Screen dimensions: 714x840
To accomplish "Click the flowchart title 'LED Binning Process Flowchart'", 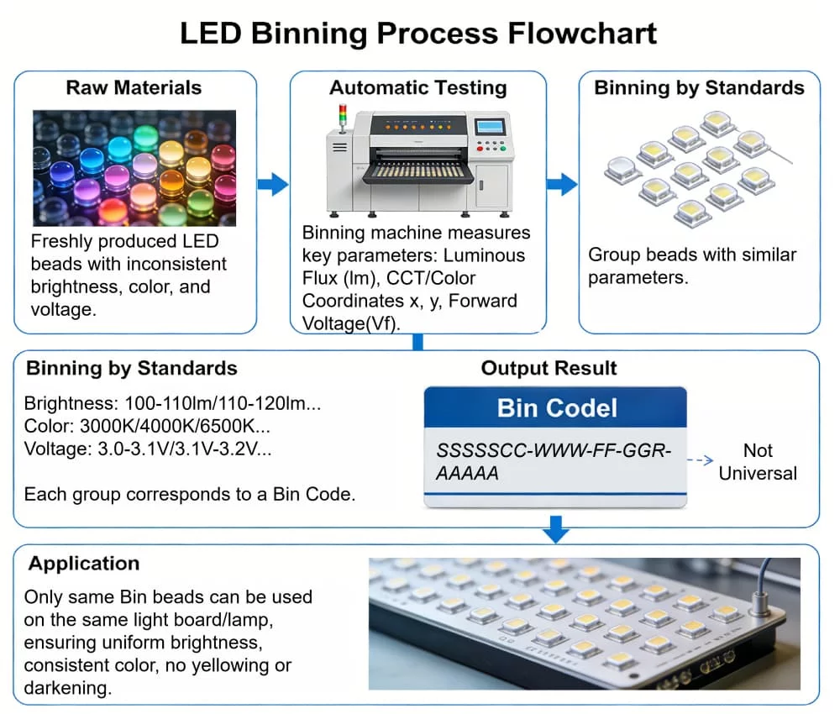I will (x=418, y=34).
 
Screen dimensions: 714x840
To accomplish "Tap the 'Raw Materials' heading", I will (x=134, y=87).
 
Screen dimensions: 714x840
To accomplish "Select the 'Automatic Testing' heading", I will (x=417, y=87).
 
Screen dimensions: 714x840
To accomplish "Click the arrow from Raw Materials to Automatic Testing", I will (x=273, y=185).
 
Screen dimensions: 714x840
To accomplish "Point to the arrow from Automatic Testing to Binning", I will (x=562, y=185).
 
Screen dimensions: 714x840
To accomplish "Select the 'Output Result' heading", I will (x=549, y=368).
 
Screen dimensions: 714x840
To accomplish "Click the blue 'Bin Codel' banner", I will (x=556, y=408).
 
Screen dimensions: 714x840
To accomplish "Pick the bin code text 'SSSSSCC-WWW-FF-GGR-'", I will (x=554, y=450).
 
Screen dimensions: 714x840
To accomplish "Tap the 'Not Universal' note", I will (x=757, y=462).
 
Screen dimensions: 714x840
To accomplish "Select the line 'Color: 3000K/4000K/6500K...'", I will (x=148, y=426).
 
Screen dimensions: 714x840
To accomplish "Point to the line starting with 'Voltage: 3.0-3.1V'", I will (x=148, y=449).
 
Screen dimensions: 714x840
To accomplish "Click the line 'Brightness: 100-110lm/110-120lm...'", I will (x=173, y=402).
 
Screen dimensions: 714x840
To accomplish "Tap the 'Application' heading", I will (x=84, y=563).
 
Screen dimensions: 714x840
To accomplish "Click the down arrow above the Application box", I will (x=555, y=530).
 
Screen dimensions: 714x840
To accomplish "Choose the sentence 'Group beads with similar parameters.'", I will (x=692, y=265).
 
